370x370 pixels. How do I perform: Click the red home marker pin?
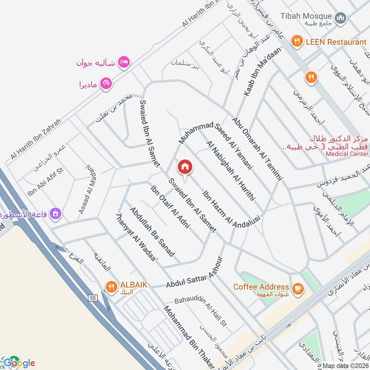click(185, 166)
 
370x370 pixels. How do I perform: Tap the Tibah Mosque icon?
click(341, 18)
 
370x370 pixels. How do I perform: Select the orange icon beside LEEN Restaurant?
click(296, 42)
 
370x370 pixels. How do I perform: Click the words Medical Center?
click(346, 154)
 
